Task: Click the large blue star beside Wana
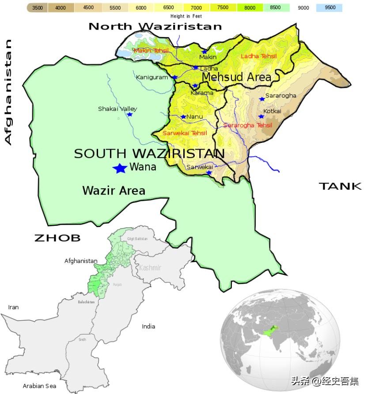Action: point(119,168)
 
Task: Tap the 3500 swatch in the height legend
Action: point(38,8)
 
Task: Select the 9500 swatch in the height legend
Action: point(330,8)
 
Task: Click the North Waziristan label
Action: point(155,26)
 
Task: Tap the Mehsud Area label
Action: point(236,77)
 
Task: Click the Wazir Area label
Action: point(114,191)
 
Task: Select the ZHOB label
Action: point(57,238)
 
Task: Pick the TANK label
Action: point(340,186)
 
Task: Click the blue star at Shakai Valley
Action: point(130,115)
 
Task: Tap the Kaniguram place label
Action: point(152,77)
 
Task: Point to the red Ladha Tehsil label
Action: point(259,56)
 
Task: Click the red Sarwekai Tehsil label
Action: point(185,133)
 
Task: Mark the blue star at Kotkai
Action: point(261,116)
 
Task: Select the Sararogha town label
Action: point(281,96)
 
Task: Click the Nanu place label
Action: point(195,117)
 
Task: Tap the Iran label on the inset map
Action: point(13,307)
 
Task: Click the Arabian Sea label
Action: point(39,386)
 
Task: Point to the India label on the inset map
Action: point(148,326)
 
